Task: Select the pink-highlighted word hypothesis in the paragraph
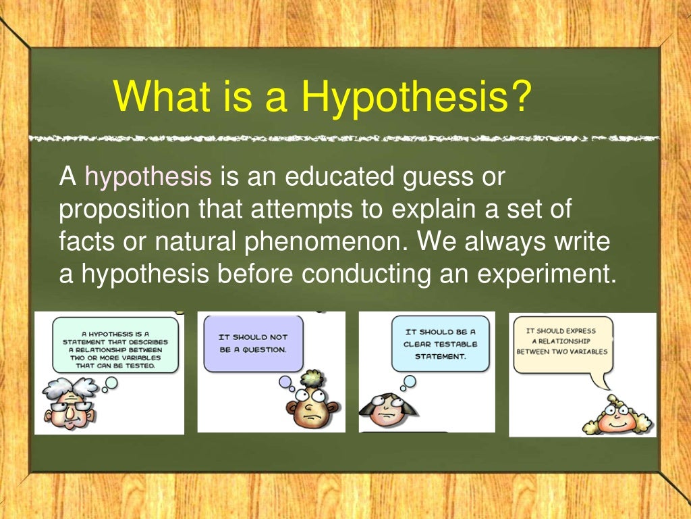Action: coord(148,177)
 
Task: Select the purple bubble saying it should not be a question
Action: coord(252,343)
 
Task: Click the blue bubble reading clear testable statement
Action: coord(440,343)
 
